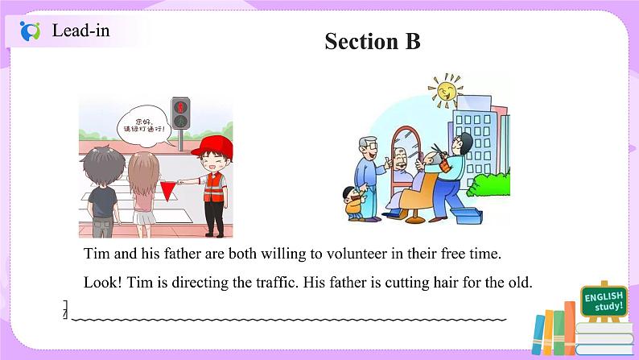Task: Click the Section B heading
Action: pos(372,41)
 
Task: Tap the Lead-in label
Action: pos(80,31)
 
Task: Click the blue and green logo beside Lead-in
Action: pos(30,31)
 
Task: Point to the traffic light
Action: pos(180,114)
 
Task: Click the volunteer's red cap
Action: pos(213,147)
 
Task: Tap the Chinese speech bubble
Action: pos(143,125)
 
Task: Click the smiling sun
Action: pos(445,91)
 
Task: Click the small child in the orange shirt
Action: pos(353,203)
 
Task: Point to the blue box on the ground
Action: pos(467,215)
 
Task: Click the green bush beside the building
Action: pos(489,185)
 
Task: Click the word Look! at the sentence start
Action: pos(103,282)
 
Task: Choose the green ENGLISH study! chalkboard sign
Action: pos(604,301)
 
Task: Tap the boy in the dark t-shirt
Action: pos(103,191)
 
